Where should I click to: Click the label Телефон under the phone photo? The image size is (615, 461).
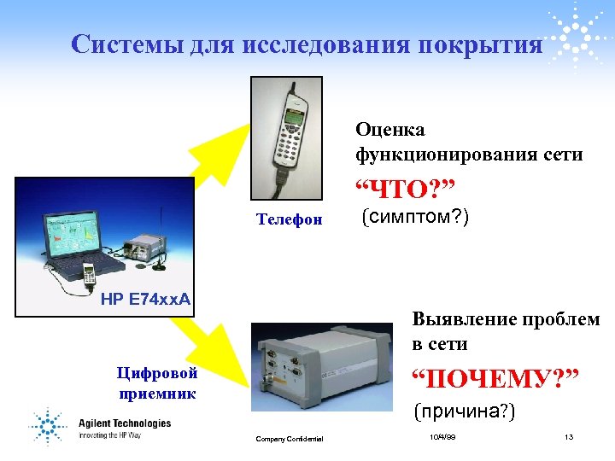pos(290,219)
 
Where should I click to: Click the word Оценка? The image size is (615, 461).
pos(390,131)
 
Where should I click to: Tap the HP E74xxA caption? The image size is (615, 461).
pos(145,299)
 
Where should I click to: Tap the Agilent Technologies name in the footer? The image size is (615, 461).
pos(125,423)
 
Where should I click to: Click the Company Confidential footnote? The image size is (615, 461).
pos(290,439)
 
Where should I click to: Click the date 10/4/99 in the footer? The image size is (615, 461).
pos(442,437)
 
